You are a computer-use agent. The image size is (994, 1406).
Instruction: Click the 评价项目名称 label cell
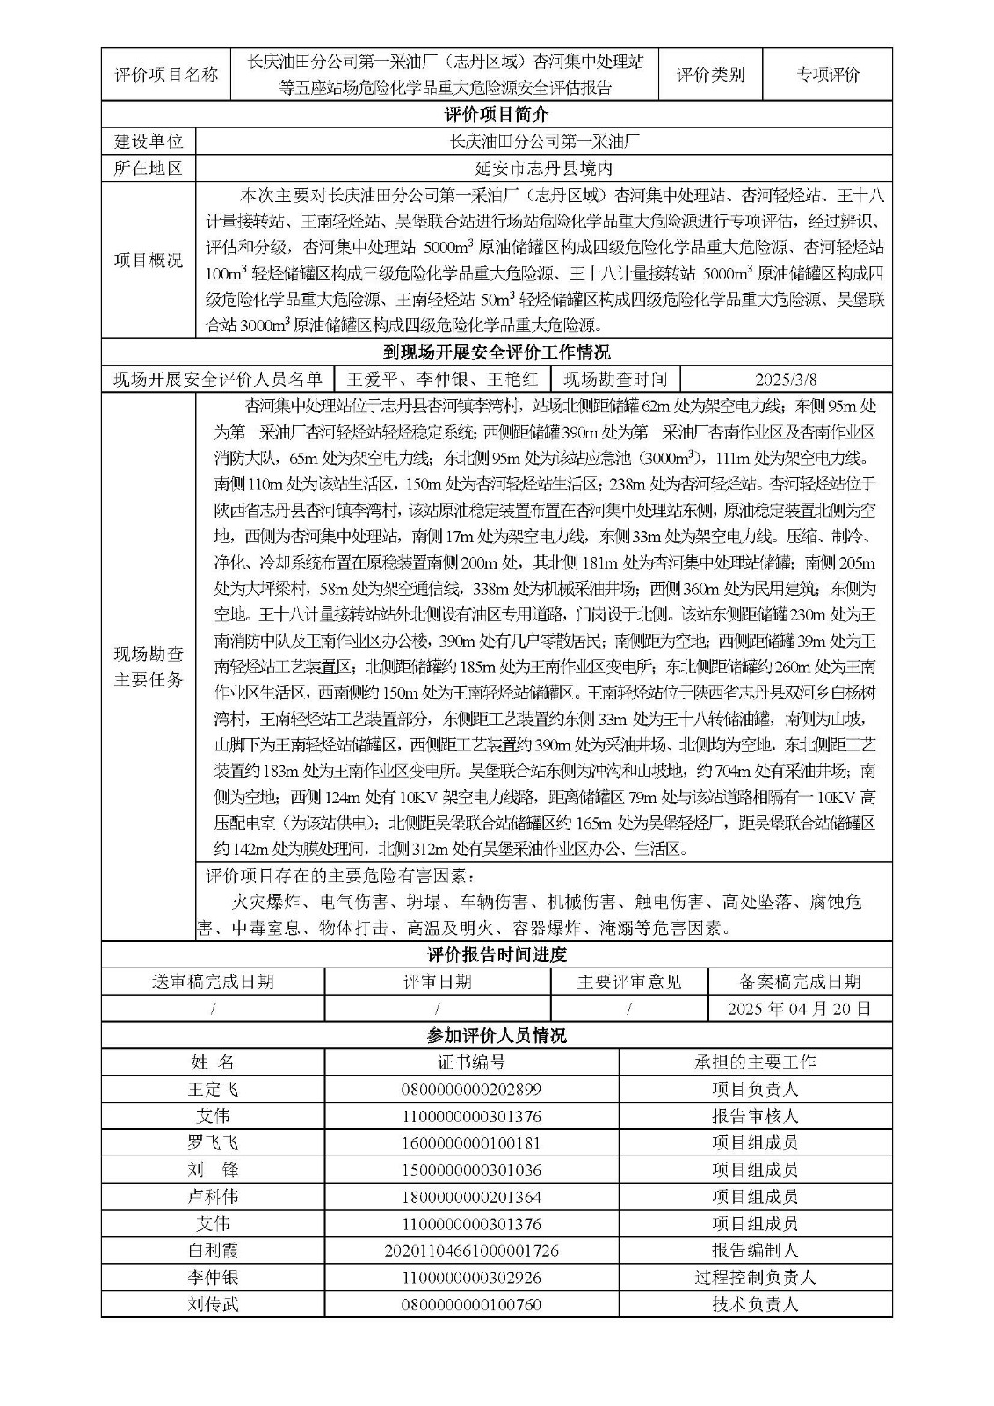(x=166, y=75)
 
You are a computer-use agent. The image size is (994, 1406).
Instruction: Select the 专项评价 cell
(x=827, y=75)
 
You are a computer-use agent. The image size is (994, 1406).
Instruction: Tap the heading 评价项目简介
(x=497, y=115)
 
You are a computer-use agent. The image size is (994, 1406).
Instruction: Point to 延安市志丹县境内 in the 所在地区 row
(x=543, y=168)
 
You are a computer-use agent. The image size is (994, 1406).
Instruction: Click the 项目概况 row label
(x=149, y=260)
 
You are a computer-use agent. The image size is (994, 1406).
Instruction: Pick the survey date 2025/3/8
(x=786, y=380)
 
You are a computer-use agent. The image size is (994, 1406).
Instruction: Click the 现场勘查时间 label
(x=615, y=380)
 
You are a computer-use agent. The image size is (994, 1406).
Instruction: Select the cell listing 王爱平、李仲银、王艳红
(x=442, y=380)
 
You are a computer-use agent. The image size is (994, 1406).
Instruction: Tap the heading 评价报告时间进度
(x=497, y=955)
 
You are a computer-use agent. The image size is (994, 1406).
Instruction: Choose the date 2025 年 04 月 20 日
(x=799, y=1008)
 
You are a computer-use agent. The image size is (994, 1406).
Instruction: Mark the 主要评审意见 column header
(x=628, y=982)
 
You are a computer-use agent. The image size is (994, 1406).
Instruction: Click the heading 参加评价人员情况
(x=497, y=1035)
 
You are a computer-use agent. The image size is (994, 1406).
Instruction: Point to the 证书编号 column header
(x=471, y=1062)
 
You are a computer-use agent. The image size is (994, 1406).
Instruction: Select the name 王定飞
(x=213, y=1090)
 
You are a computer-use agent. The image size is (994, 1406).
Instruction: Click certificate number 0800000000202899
(x=471, y=1090)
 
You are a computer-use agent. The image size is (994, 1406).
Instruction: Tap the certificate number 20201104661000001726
(x=471, y=1250)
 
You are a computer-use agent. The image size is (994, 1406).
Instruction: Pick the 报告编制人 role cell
(x=755, y=1250)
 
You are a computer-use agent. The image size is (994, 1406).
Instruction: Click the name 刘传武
(x=213, y=1305)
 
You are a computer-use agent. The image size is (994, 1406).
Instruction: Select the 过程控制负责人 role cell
(x=755, y=1278)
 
